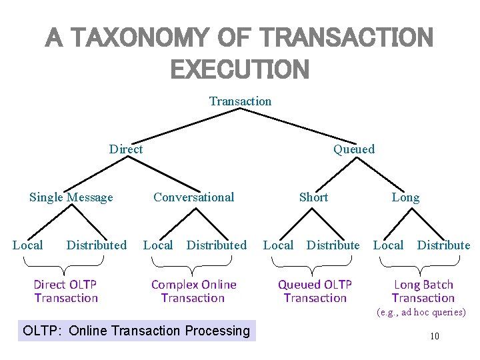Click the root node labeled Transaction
240,101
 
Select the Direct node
126,149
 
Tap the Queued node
354,149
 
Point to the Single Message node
71,197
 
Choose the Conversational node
193,197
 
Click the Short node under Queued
313,197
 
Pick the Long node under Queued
405,197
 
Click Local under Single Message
28,245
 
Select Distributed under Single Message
96,245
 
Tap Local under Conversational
158,245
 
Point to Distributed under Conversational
216,245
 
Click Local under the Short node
278,245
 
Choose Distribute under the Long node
443,245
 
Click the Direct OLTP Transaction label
66,291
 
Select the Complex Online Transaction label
193,291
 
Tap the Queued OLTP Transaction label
315,291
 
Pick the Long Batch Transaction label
423,291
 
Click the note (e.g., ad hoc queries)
421,312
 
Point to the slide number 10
434,336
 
